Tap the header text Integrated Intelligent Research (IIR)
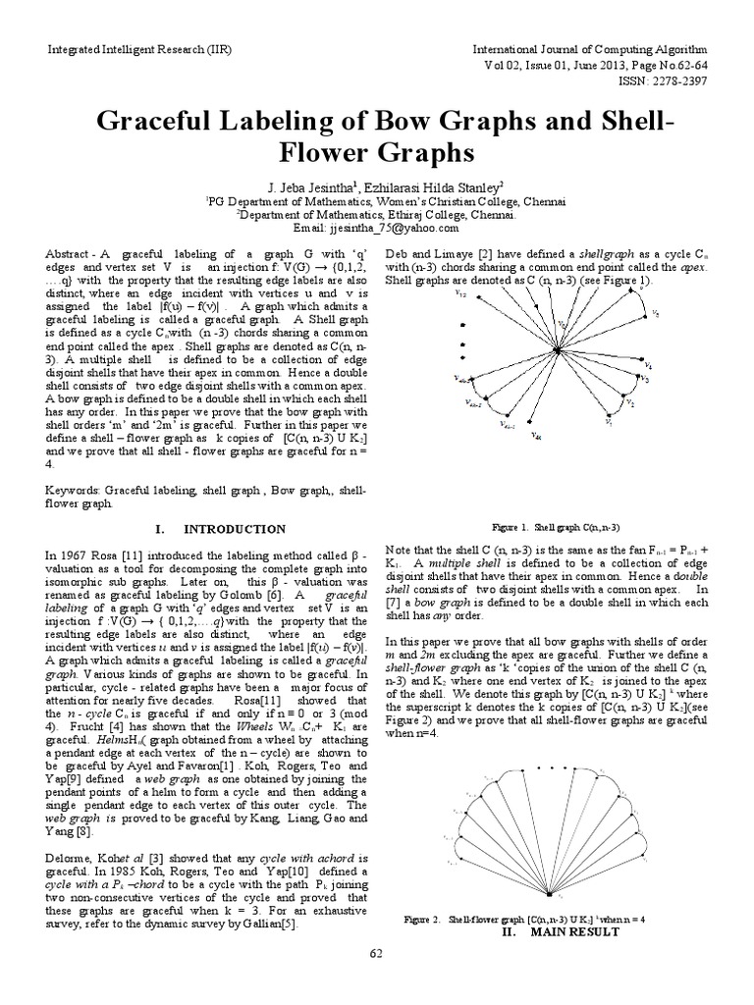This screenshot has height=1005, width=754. coord(120,47)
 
